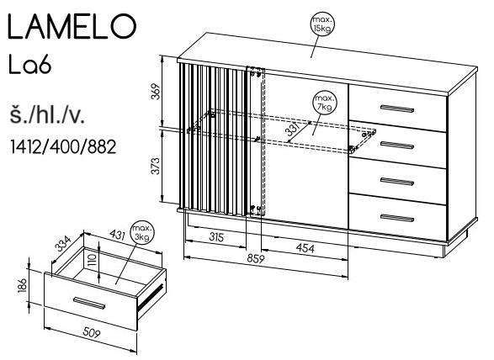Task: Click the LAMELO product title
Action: pyautogui.click(x=72, y=26)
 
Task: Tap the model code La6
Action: pyautogui.click(x=29, y=66)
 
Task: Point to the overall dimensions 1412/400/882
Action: pyautogui.click(x=63, y=146)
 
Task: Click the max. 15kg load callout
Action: pyautogui.click(x=322, y=24)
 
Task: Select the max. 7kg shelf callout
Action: pyautogui.click(x=326, y=103)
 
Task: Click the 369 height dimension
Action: pyautogui.click(x=156, y=92)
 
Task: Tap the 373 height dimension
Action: pyautogui.click(x=156, y=166)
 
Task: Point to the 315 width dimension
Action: pyautogui.click(x=217, y=237)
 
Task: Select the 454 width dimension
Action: pyautogui.click(x=305, y=248)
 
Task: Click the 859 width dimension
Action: pyautogui.click(x=256, y=258)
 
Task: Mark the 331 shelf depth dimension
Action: pyautogui.click(x=294, y=130)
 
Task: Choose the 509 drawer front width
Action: pyautogui.click(x=92, y=332)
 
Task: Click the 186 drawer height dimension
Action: pyautogui.click(x=22, y=285)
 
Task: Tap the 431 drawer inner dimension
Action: pyautogui.click(x=117, y=235)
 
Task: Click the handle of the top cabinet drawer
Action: pyautogui.click(x=397, y=109)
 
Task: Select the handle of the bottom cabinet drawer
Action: pyautogui.click(x=397, y=218)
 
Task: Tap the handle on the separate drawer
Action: pyautogui.click(x=89, y=302)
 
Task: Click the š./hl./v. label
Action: pyautogui.click(x=47, y=115)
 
